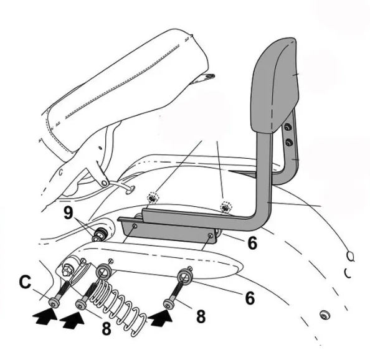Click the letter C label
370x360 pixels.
25,282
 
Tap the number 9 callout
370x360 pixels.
68,213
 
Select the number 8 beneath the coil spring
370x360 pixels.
106,328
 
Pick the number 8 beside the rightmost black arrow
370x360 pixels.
201,316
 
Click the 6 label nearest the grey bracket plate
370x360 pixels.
252,242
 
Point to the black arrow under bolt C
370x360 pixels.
45,317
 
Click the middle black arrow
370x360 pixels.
72,320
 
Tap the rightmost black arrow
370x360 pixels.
161,318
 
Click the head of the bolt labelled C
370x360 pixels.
54,303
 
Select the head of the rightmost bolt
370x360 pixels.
168,304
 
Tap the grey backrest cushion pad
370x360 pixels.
275,85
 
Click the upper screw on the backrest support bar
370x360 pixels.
287,128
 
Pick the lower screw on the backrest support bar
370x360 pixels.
289,143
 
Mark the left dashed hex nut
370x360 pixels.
153,198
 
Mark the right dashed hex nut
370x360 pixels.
226,207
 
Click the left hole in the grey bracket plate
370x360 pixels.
135,225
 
